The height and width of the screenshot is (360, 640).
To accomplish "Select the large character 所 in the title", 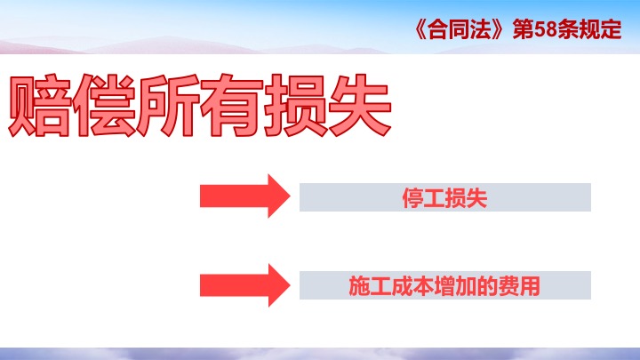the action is point(167,105).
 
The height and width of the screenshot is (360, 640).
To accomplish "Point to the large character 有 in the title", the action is point(231,105).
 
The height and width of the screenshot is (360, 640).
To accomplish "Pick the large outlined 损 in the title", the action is point(295,105).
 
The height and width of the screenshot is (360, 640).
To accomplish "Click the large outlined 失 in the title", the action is point(360,105).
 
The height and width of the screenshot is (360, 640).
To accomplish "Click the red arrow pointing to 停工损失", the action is point(245,196).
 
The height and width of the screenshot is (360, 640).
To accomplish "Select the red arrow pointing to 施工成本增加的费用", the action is point(245,285).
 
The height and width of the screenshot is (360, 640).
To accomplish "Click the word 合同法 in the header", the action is point(459,29).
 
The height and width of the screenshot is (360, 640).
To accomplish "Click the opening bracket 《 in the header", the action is point(420,29).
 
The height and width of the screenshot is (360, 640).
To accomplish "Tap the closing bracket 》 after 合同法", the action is point(498,29).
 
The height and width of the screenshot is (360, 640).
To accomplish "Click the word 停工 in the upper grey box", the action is point(424,198).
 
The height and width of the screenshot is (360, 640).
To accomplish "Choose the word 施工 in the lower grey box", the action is point(370,285).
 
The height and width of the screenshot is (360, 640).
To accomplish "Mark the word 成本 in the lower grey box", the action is point(412,285).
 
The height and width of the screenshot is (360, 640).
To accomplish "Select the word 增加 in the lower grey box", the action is point(455,285).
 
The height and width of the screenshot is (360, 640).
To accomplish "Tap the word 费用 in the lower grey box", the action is point(519,285).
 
